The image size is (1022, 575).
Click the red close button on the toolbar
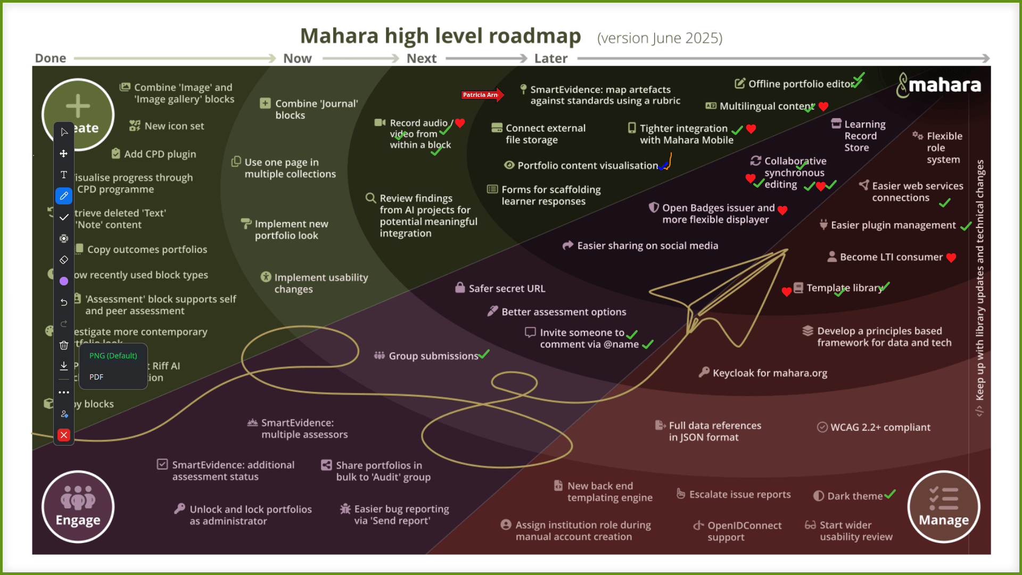pyautogui.click(x=64, y=436)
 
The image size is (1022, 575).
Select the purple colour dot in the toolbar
pyautogui.click(x=64, y=281)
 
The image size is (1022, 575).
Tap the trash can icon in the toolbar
pyautogui.click(x=64, y=346)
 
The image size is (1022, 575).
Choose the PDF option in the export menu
pyautogui.click(x=97, y=377)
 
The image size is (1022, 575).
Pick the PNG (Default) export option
pyautogui.click(x=113, y=356)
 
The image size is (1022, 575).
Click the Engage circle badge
pyautogui.click(x=78, y=507)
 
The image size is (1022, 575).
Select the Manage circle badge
pyautogui.click(x=944, y=507)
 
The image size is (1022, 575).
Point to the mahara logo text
pyautogui.click(x=944, y=85)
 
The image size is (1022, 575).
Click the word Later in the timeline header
pyautogui.click(x=551, y=59)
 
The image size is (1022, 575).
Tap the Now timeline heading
pyautogui.click(x=297, y=59)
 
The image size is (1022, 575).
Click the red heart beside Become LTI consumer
pyautogui.click(x=951, y=258)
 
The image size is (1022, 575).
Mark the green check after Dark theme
pyautogui.click(x=890, y=495)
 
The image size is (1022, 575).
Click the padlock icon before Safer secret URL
pyautogui.click(x=460, y=288)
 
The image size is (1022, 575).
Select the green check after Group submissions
pyautogui.click(x=484, y=355)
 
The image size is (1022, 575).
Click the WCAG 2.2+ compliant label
pyautogui.click(x=880, y=427)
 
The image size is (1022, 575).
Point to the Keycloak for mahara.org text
pyautogui.click(x=770, y=373)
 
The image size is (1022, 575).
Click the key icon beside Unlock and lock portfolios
pyautogui.click(x=179, y=509)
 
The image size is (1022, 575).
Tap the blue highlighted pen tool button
pyautogui.click(x=64, y=196)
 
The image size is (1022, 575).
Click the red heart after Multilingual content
pyautogui.click(x=823, y=106)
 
